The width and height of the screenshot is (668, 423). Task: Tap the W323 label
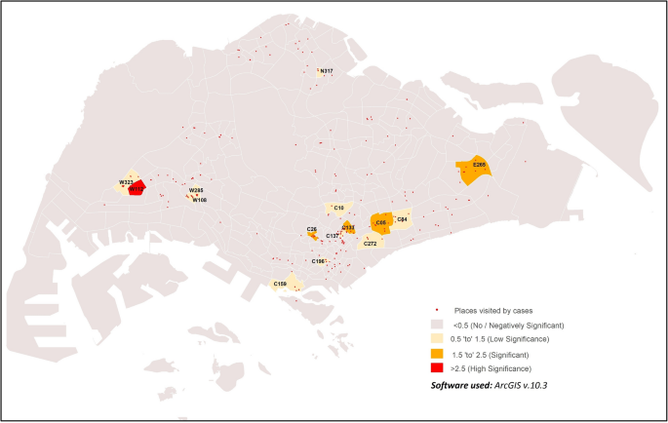tap(126, 182)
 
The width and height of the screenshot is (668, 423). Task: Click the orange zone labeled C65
tap(381, 223)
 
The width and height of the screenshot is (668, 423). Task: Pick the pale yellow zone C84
tap(402, 220)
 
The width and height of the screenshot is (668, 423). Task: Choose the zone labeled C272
tap(371, 243)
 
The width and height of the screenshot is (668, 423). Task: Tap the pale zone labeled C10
tap(338, 208)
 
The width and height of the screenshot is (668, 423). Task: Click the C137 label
tap(332, 236)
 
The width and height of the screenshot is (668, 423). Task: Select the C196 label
tap(317, 261)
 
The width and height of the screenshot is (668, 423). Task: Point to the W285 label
tap(195, 190)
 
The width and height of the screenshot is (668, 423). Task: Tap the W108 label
tap(199, 200)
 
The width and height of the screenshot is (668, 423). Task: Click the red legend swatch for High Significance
tap(438, 368)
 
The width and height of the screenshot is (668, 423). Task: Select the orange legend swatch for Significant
tap(438, 354)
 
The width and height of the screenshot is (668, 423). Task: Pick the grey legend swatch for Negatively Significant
tap(438, 324)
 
